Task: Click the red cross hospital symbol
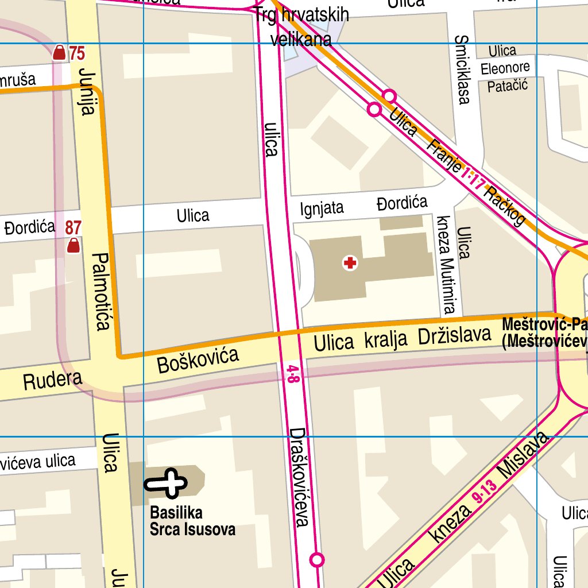[350, 264]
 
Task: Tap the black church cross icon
[167, 483]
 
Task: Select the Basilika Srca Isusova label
[192, 521]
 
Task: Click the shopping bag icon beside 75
[59, 53]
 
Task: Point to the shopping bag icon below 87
[73, 246]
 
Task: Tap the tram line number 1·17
[474, 179]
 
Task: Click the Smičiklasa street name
[462, 69]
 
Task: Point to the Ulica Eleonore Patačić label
[504, 68]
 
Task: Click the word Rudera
[53, 381]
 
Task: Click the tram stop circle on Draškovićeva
[317, 559]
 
